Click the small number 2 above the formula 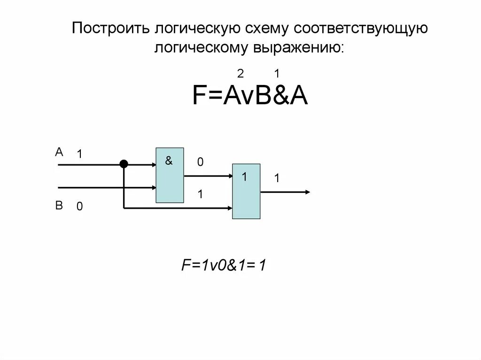(240, 74)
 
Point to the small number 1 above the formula (277, 74)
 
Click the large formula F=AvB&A (250, 96)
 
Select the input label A (59, 152)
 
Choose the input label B (59, 206)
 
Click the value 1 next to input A (80, 154)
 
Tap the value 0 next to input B (80, 207)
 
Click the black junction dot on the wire (124, 164)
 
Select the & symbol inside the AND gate (169, 161)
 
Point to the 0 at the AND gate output (200, 162)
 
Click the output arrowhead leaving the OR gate (306, 191)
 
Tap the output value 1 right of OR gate (277, 178)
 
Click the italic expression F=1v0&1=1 (225, 266)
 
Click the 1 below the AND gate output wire (200, 193)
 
